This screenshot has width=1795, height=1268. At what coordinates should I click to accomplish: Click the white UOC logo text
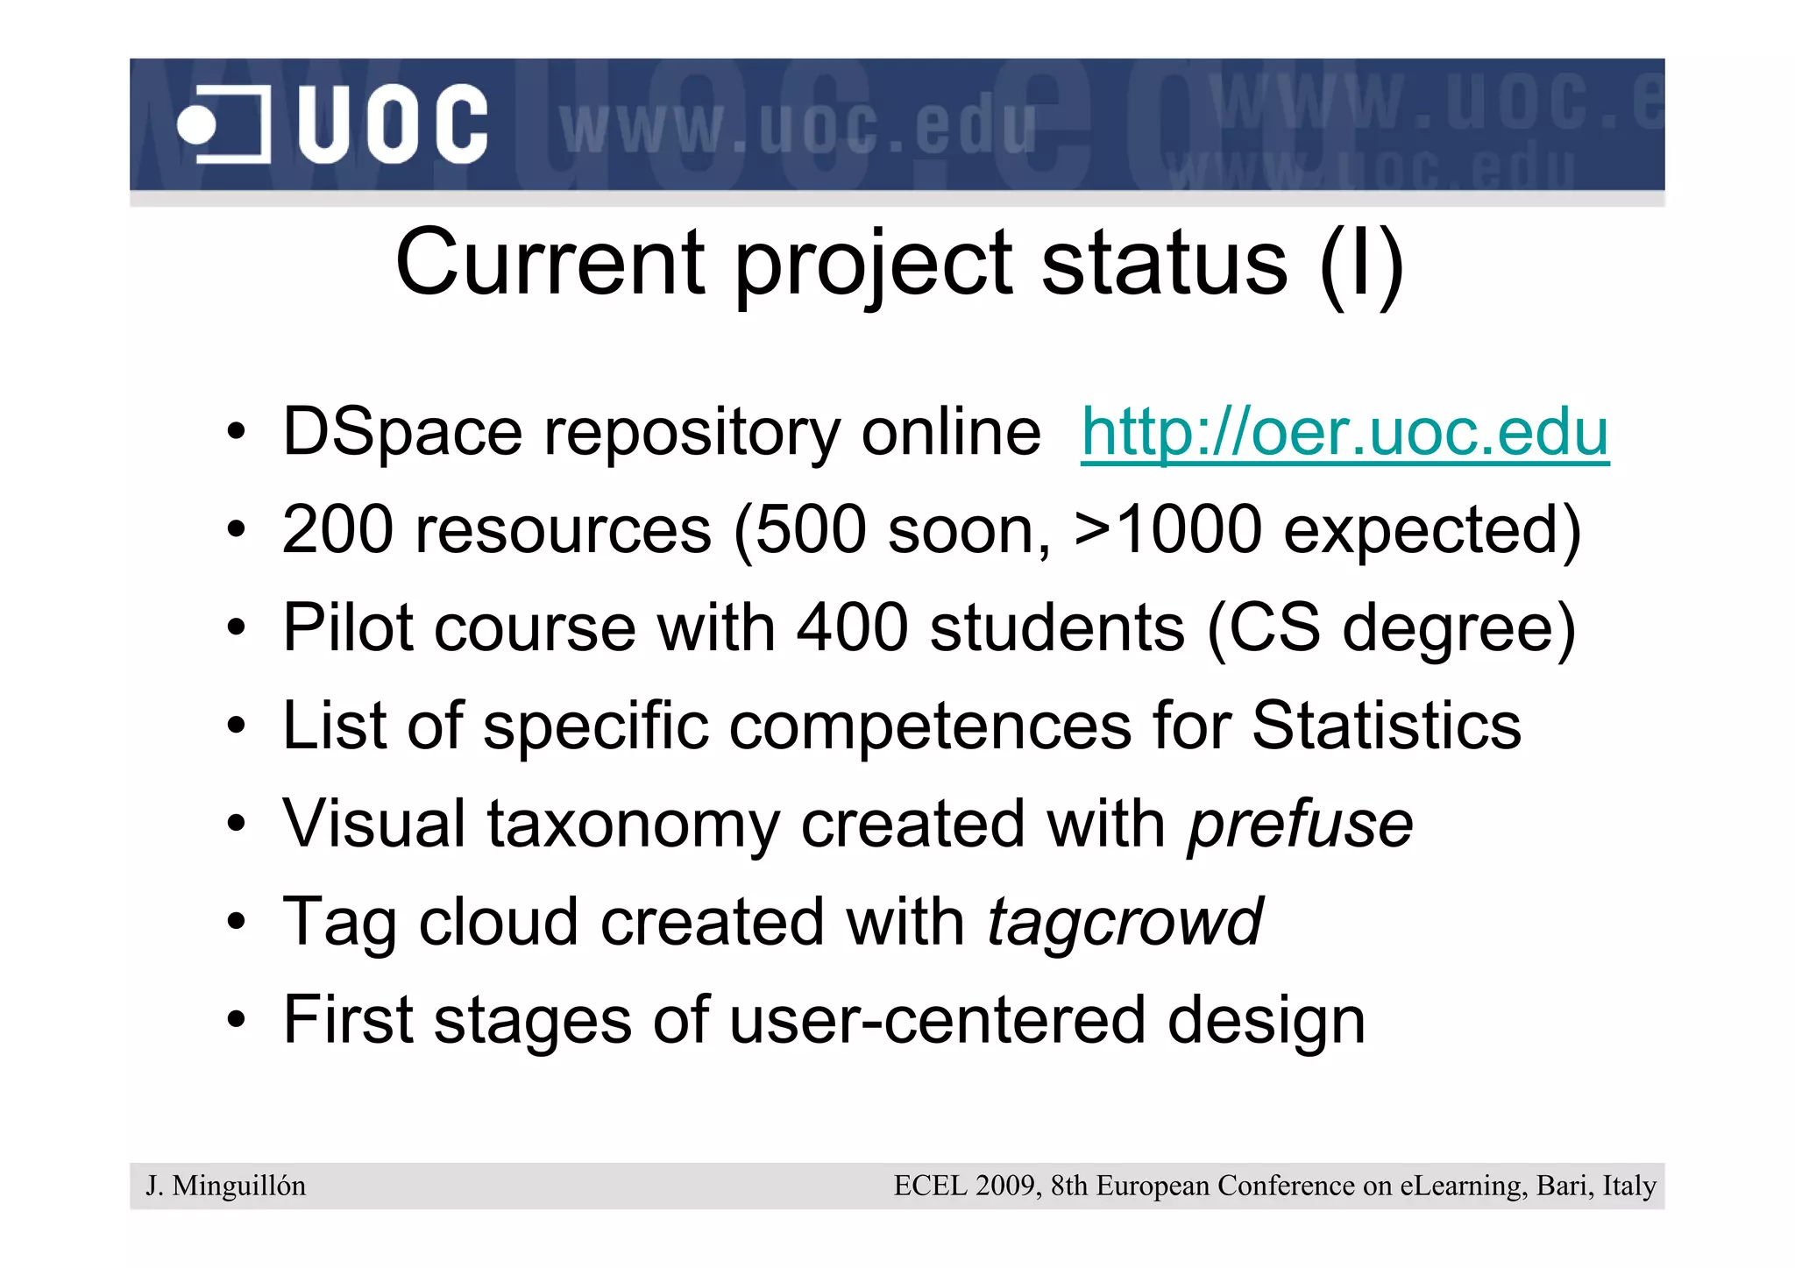coord(392,124)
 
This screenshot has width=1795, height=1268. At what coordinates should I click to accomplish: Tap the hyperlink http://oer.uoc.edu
coord(1344,432)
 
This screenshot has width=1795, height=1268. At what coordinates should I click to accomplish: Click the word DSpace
coord(402,432)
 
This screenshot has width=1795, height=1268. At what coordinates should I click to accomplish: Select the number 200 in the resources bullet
coord(337,530)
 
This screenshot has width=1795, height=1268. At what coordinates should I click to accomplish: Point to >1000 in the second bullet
coord(1167,530)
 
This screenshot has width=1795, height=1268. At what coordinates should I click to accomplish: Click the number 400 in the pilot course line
coord(851,628)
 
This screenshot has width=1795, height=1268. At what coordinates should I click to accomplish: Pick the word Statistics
coord(1386,726)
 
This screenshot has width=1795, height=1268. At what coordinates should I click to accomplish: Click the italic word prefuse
coord(1300,825)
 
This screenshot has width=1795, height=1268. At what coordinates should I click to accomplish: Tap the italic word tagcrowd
coord(1125,923)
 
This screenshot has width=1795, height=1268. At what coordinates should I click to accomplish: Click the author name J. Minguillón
coord(226,1186)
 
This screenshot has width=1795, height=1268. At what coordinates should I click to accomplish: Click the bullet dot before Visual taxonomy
coord(236,824)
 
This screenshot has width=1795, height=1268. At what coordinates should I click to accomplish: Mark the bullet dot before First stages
coord(236,1020)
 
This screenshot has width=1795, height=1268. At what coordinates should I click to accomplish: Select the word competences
coord(930,726)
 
